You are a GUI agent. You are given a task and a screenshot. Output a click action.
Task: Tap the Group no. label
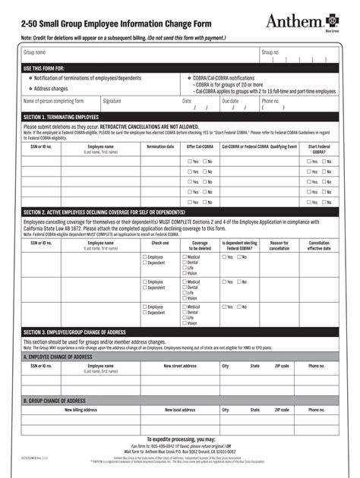click(x=270, y=52)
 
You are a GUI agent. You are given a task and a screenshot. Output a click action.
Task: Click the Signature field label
click(x=112, y=101)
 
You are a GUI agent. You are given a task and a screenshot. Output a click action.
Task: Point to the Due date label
click(x=230, y=101)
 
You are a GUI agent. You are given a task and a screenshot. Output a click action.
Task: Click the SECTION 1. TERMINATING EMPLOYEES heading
click(x=61, y=118)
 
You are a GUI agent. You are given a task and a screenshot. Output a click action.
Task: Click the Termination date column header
click(x=160, y=146)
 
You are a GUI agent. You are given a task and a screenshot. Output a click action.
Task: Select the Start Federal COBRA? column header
click(x=318, y=149)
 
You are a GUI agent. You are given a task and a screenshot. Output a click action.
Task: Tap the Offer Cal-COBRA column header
click(x=200, y=146)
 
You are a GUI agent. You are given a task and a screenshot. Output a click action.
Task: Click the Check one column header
click(x=160, y=244)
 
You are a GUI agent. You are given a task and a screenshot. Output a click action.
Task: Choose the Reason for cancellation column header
click(x=279, y=246)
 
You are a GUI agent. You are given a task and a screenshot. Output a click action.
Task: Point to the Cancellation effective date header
click(x=319, y=246)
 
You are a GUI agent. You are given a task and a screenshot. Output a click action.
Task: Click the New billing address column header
click(x=81, y=410)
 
